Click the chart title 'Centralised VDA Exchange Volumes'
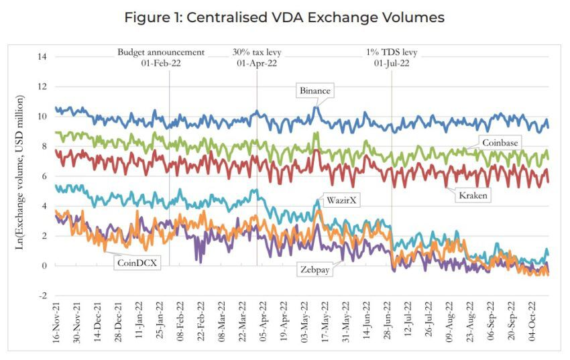point(284,17)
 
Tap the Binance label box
point(315,91)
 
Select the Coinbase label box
point(501,142)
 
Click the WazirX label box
point(341,200)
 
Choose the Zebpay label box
point(317,269)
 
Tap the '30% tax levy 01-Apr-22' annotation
point(257,58)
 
